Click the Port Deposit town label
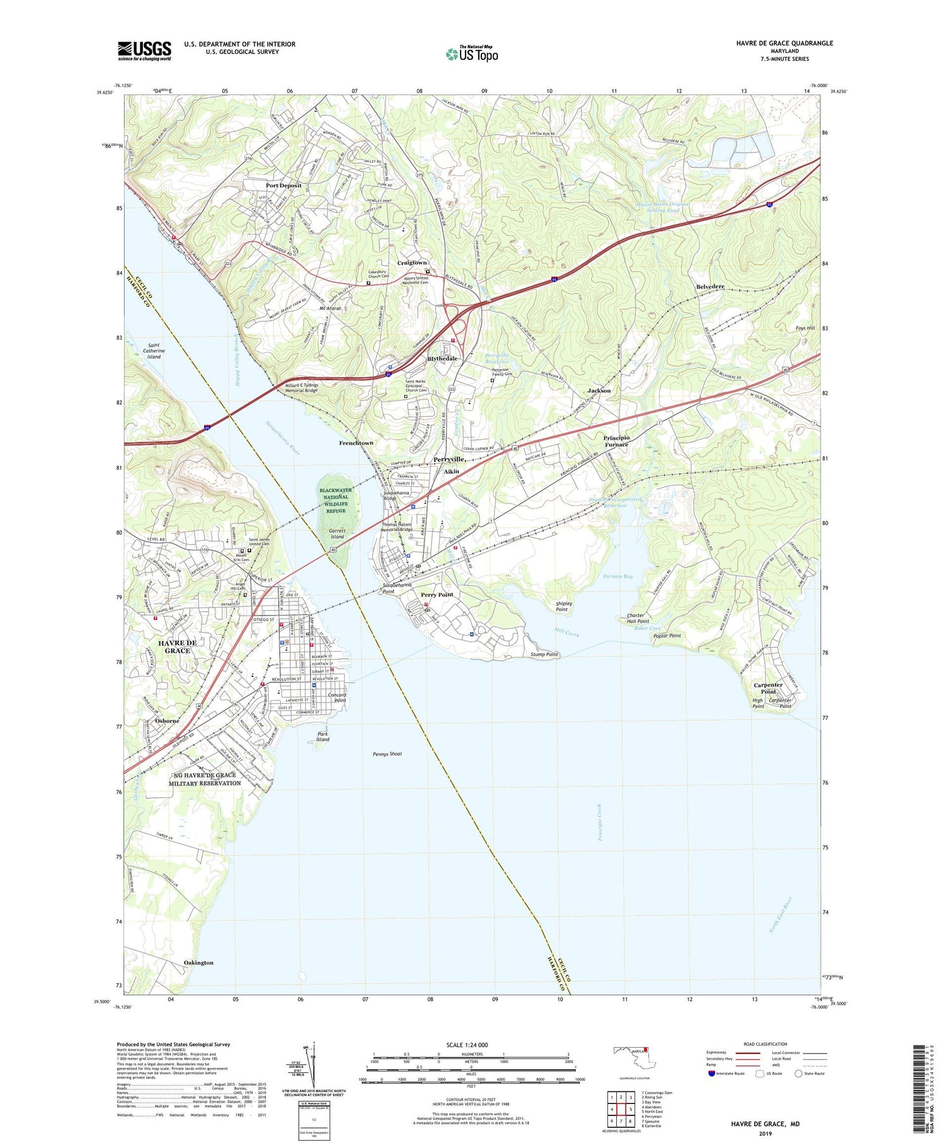click(283, 185)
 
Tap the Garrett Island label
click(337, 533)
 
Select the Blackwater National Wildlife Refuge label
click(337, 500)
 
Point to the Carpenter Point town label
click(768, 688)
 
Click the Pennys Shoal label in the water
click(387, 754)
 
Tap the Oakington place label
click(199, 963)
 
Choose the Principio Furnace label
click(616, 441)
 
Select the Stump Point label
click(544, 654)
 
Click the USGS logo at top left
click(144, 51)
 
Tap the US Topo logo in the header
click(472, 54)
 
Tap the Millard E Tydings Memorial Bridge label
click(302, 388)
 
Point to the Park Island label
click(323, 736)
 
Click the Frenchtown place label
click(356, 443)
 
